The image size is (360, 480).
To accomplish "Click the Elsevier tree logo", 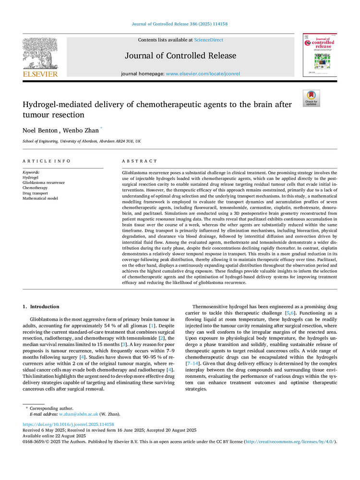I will coord(40,54).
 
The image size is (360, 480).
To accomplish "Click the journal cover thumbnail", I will coord(319,55).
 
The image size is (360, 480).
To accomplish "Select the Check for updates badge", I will coord(311,98).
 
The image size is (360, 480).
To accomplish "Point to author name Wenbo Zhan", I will coord(84,130).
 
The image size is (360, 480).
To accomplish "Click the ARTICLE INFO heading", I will coord(47,161).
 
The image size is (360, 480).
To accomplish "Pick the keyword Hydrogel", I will coord(31,177).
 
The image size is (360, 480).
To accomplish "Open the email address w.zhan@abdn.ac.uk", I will coord(79,413).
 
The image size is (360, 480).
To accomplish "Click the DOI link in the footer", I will coord(69,424).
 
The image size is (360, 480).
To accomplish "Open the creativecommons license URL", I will coord(291,441).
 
